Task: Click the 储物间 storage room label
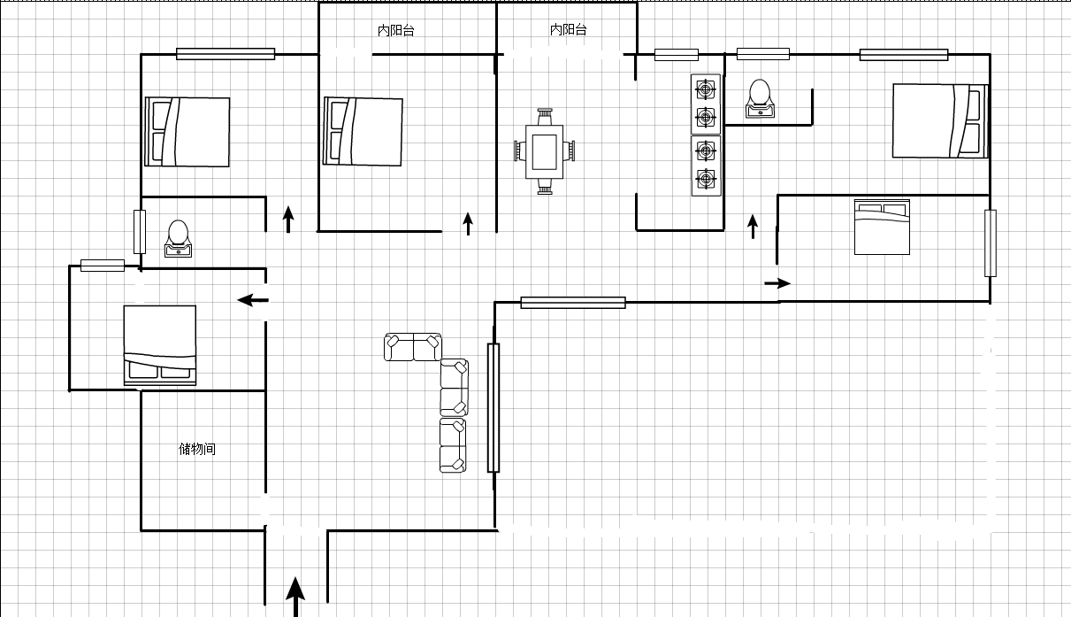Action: (x=197, y=449)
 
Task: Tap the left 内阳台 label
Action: (x=396, y=31)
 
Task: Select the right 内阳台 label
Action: (x=569, y=30)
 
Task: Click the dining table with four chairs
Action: (x=545, y=151)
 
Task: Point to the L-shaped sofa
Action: (x=452, y=388)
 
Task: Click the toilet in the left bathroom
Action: (x=179, y=238)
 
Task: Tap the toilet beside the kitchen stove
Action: (x=760, y=98)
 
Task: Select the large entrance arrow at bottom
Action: (x=295, y=597)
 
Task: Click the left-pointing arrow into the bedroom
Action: (x=253, y=300)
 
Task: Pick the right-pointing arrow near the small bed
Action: (x=777, y=283)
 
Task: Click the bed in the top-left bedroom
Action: (x=187, y=132)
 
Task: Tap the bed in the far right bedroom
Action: (x=940, y=120)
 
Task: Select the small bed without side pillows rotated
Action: (x=882, y=227)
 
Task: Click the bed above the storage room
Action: (x=160, y=345)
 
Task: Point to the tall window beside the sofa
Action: (x=493, y=408)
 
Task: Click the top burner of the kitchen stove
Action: (x=706, y=89)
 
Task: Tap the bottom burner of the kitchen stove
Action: (x=706, y=180)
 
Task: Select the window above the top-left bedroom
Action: (x=226, y=54)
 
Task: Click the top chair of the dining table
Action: (x=545, y=117)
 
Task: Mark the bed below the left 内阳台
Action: (x=363, y=131)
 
